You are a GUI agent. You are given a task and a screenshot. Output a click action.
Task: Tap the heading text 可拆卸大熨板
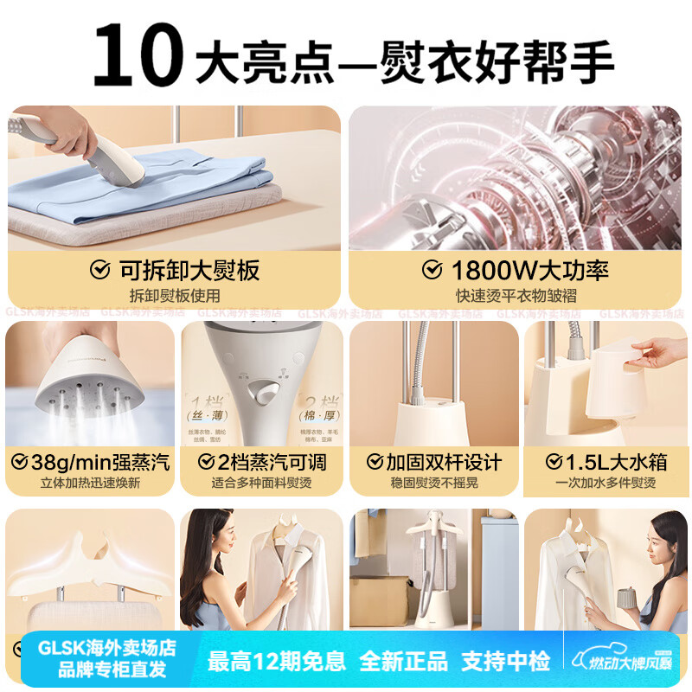pos(189,271)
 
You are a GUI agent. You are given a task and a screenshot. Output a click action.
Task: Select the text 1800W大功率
pos(529,271)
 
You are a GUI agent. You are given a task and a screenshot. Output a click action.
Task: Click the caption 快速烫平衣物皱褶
pos(515,296)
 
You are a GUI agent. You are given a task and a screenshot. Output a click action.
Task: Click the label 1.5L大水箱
pos(613,462)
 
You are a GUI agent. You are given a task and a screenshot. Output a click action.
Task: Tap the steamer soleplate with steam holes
pos(82,389)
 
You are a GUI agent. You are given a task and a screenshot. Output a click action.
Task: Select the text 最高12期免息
pos(277,662)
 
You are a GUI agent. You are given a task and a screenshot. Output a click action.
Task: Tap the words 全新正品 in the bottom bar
pos(405,662)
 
